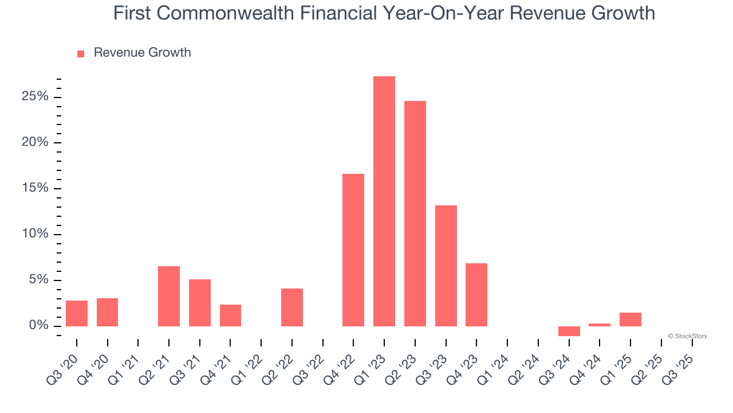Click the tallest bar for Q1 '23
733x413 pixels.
(384, 201)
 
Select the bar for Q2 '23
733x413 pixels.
(415, 213)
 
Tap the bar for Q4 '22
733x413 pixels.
(353, 250)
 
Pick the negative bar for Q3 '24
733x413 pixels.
(569, 331)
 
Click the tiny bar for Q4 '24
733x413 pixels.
(600, 325)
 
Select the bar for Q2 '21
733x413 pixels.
(169, 296)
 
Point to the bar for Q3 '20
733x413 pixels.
(77, 313)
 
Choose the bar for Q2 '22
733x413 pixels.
(292, 307)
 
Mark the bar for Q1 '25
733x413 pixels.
(630, 320)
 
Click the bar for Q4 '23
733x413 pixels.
(476, 295)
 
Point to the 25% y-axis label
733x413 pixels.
(35, 96)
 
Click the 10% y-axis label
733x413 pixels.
(35, 234)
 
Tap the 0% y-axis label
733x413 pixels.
(38, 326)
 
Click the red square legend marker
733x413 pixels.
(81, 54)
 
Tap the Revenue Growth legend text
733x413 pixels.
(142, 53)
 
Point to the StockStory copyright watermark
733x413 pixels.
(687, 336)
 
